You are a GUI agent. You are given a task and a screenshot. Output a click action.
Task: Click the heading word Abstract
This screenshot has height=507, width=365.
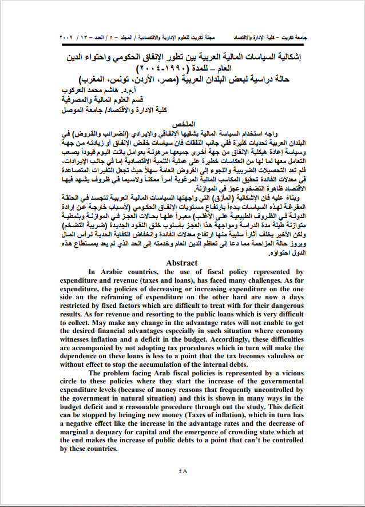click(x=182, y=263)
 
